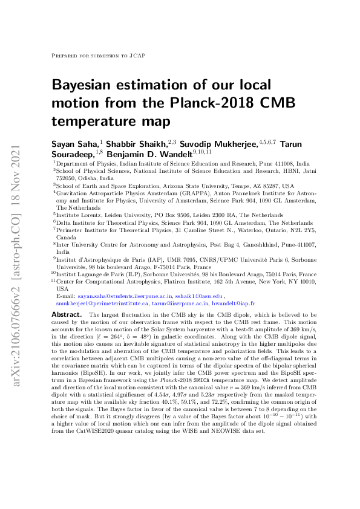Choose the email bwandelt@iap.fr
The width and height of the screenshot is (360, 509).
pos(232,303)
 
